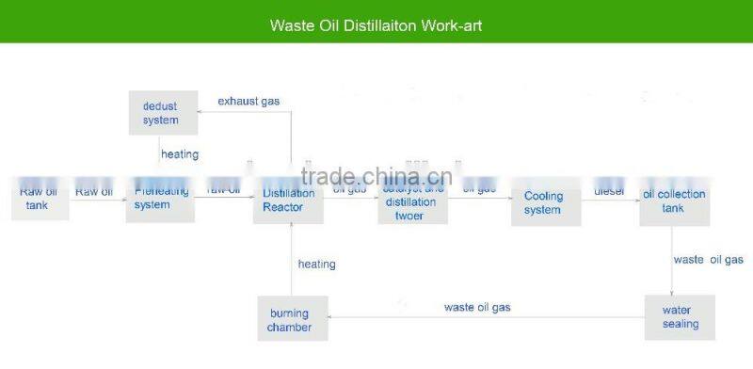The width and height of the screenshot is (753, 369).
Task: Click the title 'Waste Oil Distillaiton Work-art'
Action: click(x=376, y=25)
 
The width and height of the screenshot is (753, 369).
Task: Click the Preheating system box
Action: click(x=160, y=199)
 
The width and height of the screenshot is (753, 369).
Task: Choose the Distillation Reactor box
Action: click(x=289, y=200)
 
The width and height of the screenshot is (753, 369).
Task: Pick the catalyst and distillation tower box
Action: click(x=412, y=201)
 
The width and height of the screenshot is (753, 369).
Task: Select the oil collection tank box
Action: click(x=673, y=201)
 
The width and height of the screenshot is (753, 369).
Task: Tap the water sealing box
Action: click(x=681, y=317)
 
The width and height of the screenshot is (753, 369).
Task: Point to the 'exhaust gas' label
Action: click(x=248, y=101)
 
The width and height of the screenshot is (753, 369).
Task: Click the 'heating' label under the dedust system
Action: click(x=180, y=153)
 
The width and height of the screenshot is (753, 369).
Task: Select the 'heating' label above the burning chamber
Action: click(x=316, y=265)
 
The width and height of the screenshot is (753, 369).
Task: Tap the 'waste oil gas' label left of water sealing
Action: click(x=477, y=307)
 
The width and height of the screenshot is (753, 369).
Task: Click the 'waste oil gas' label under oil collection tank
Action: click(x=708, y=260)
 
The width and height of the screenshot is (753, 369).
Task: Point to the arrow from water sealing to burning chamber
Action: click(x=489, y=318)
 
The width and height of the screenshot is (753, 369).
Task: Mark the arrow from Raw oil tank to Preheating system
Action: click(x=97, y=201)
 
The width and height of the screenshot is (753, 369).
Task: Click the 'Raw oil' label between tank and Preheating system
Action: click(x=94, y=191)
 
